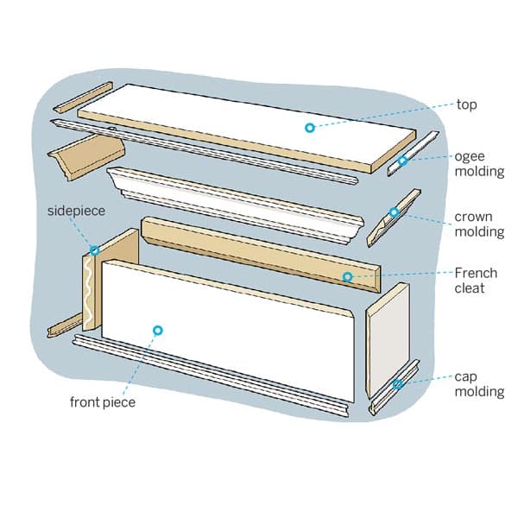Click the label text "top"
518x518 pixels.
pos(467,105)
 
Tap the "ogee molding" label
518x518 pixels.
pos(479,164)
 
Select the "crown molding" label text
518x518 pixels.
pos(480,224)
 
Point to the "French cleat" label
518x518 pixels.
pos(476,281)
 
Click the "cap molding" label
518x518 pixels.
pos(479,384)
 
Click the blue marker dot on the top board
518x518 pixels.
pos(308,128)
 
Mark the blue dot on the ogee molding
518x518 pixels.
pos(402,161)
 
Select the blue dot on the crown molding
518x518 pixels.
pos(395,212)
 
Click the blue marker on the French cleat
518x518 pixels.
pos(347,277)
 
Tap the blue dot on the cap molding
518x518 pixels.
pos(398,383)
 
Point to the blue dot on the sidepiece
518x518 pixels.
pos(94,250)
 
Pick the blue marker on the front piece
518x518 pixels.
pos(157,329)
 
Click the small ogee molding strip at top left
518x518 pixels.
pos(83,98)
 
